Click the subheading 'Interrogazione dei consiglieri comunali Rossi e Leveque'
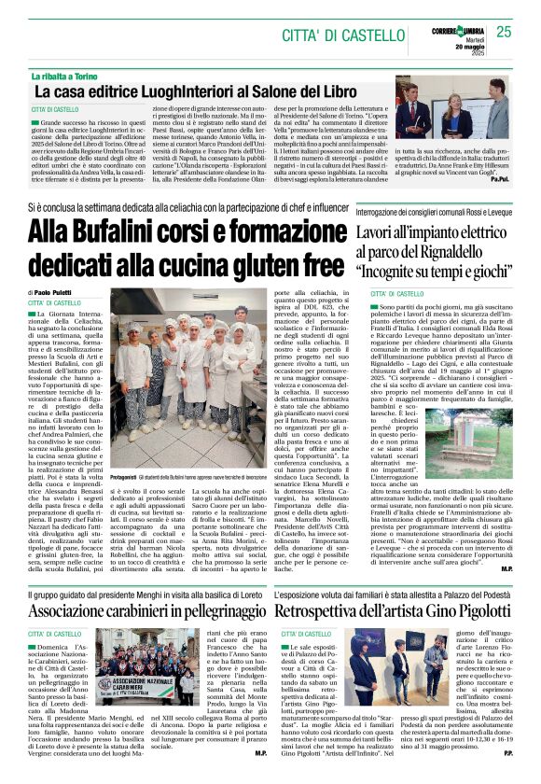(x=434, y=212)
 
